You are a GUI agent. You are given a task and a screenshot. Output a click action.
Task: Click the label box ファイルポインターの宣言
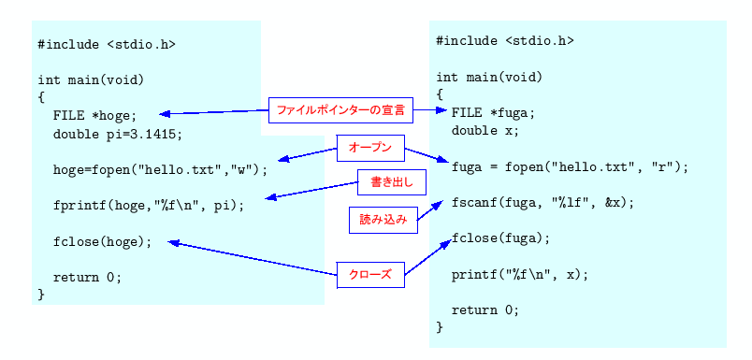click(x=340, y=110)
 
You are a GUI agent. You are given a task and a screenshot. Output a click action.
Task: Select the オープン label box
click(x=370, y=147)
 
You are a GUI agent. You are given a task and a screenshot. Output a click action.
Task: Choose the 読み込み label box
click(x=383, y=220)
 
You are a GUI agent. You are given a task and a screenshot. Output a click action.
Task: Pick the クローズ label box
click(x=370, y=275)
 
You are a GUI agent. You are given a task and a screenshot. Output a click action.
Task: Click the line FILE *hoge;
click(x=94, y=116)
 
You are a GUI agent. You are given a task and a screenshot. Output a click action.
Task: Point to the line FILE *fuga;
click(x=493, y=113)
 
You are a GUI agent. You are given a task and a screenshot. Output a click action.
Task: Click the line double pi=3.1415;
click(x=118, y=134)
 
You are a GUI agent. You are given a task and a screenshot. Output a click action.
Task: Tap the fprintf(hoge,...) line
click(x=149, y=206)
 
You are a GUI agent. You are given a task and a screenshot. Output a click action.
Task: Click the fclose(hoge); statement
click(x=102, y=241)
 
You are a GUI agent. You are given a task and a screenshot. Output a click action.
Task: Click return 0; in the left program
click(x=87, y=277)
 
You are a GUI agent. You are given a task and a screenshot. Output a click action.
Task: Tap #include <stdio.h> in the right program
click(x=505, y=40)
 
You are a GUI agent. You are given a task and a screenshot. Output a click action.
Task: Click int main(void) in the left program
click(x=91, y=79)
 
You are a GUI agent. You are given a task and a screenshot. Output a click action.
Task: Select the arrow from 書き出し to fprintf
click(x=312, y=191)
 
